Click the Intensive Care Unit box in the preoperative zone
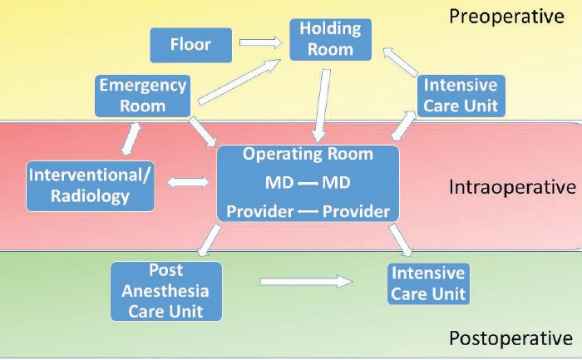460,96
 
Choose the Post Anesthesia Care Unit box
166,292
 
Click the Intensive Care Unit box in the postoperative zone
428,283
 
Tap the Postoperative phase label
510,338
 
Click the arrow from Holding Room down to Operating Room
319,106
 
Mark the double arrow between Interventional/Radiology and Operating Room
188,181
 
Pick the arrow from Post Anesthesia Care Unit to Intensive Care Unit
306,283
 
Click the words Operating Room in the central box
308,155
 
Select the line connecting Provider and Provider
308,211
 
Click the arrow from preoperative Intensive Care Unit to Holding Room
402,64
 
